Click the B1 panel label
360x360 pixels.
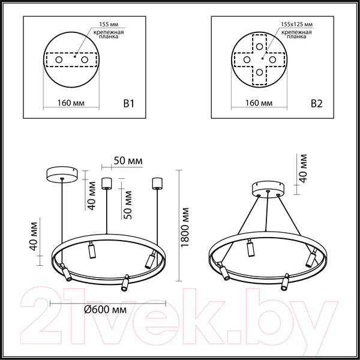tap(127, 103)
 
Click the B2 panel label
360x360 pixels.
tap(317, 103)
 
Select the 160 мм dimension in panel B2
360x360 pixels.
tap(260, 104)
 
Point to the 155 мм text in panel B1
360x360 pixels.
tap(102, 25)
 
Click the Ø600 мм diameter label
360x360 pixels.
tap(107, 310)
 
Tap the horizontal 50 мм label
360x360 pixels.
tap(127, 161)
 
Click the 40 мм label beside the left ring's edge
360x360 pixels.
tap(34, 236)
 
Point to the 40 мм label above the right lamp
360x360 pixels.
tap(303, 168)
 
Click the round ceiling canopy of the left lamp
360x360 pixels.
tap(62, 175)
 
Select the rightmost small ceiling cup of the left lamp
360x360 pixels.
tap(158, 182)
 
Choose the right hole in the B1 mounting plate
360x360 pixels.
tap(85, 61)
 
